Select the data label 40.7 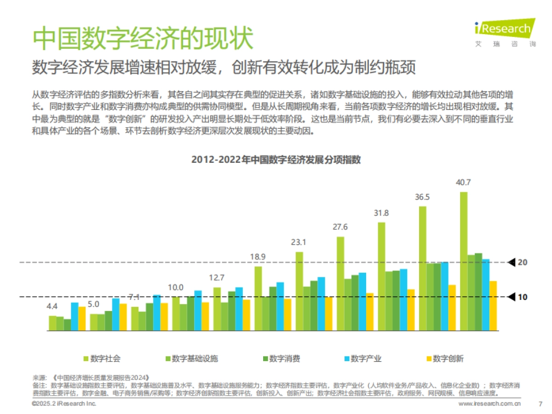[x=463, y=183]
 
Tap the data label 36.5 [x=422, y=197]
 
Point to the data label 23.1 [x=299, y=242]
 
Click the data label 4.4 [x=52, y=306]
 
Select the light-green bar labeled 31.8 [x=381, y=276]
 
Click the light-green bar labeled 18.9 [x=258, y=299]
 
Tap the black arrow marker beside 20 [x=512, y=263]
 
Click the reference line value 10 [x=523, y=297]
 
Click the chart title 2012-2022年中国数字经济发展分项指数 [x=276, y=160]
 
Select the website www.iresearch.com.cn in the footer [x=490, y=404]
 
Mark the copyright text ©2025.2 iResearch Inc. [x=64, y=404]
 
